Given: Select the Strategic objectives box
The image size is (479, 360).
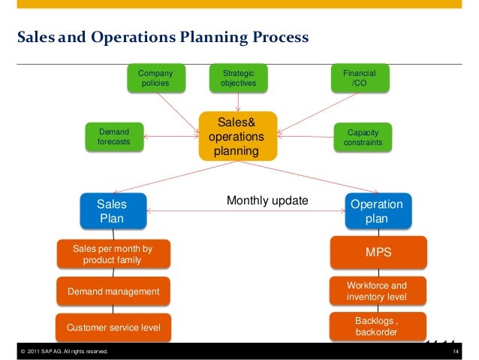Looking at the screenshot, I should pyautogui.click(x=238, y=79).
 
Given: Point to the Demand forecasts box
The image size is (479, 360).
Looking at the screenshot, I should pyautogui.click(x=114, y=137).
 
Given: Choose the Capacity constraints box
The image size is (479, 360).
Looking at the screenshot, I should pyautogui.click(x=363, y=137).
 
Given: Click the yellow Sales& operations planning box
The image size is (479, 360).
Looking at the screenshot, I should pyautogui.click(x=236, y=137).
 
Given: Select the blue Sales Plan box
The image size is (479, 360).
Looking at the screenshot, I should pyautogui.click(x=113, y=211).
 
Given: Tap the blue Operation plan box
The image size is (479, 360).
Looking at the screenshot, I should pyautogui.click(x=378, y=211).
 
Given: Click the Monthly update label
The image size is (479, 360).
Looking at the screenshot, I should pyautogui.click(x=267, y=201).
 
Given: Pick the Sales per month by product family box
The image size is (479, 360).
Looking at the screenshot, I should pyautogui.click(x=113, y=255).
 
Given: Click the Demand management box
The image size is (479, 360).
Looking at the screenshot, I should pyautogui.click(x=113, y=292).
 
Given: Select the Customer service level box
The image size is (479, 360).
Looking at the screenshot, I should pyautogui.click(x=113, y=328).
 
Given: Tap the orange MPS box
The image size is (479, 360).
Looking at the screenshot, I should pyautogui.click(x=378, y=253).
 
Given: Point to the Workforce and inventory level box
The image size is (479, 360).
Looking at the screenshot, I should pyautogui.click(x=378, y=292).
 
